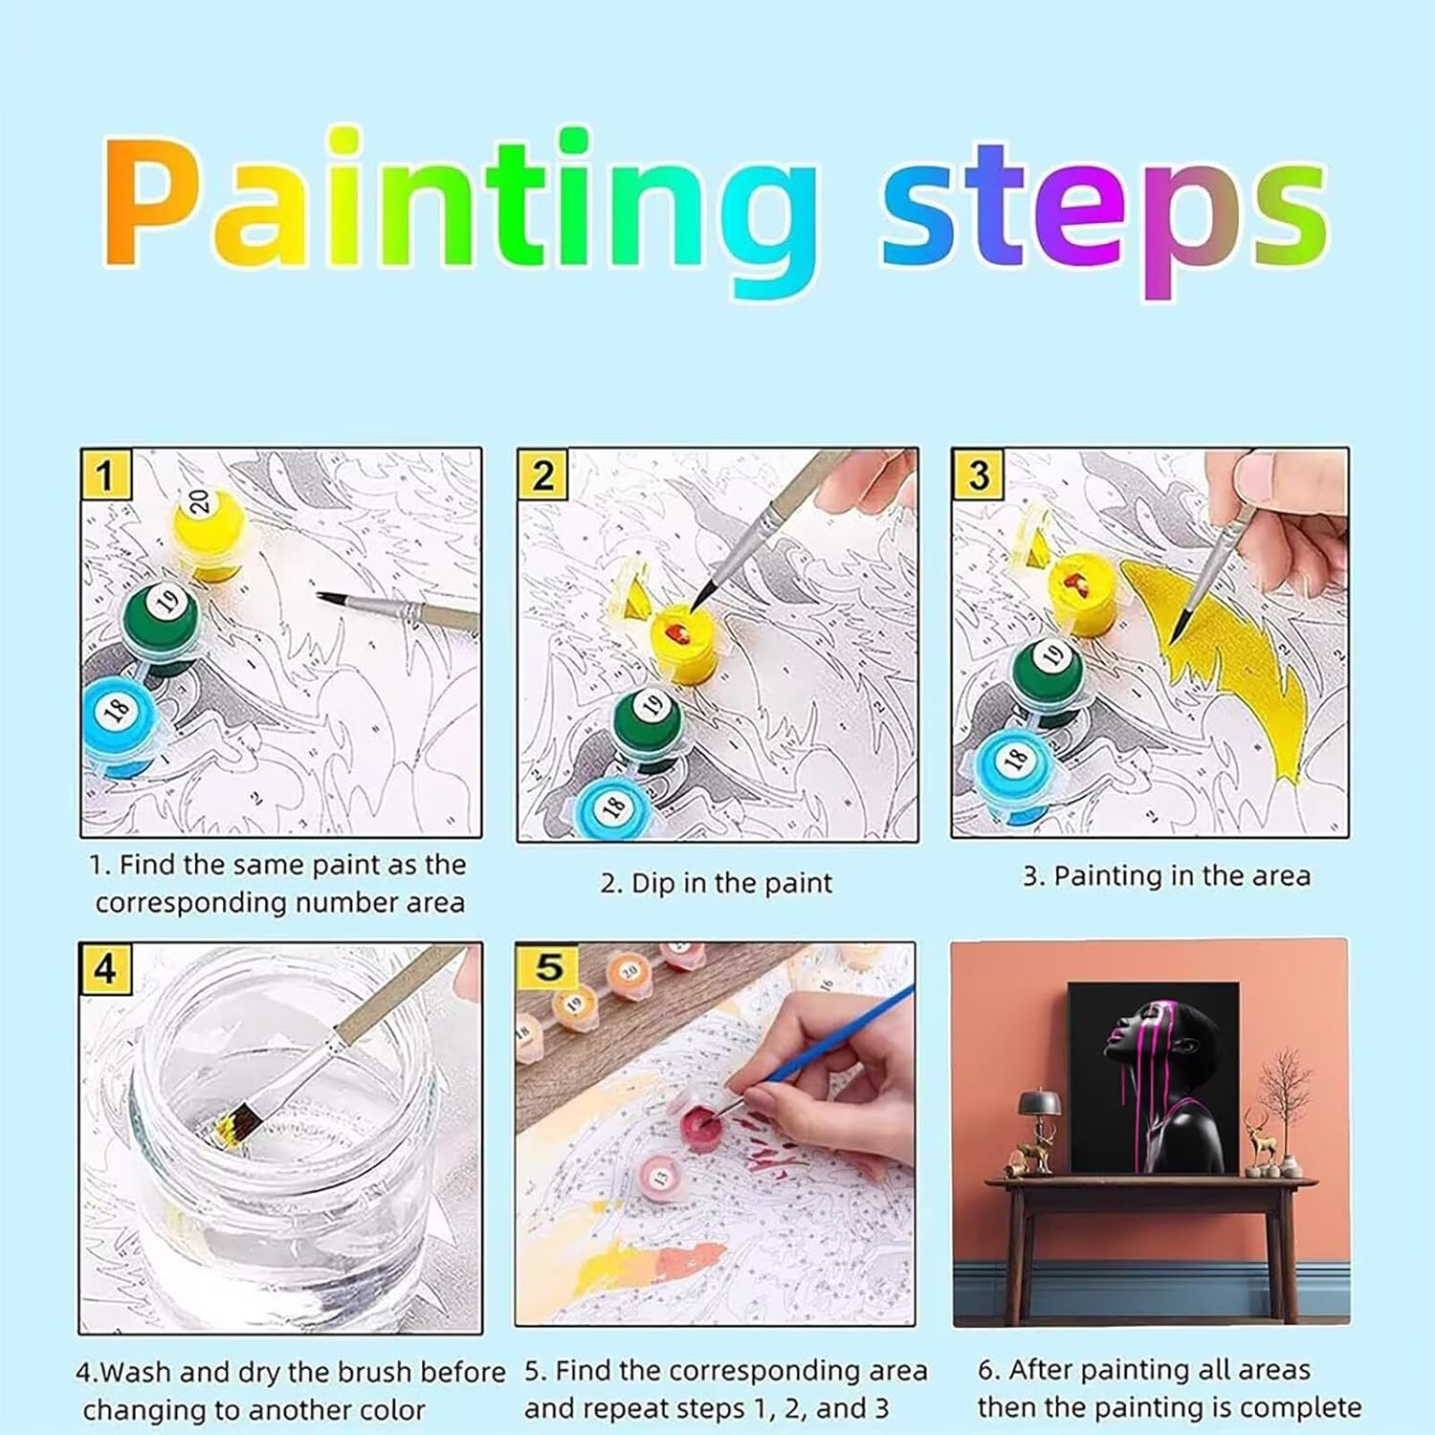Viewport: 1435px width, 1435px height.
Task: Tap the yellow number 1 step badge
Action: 105,475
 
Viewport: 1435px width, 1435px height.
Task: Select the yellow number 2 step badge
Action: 542,475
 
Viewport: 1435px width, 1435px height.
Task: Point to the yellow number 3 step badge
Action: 978,475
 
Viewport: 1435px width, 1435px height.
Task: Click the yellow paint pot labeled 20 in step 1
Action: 209,533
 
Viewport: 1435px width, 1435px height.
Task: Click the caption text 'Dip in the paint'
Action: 732,883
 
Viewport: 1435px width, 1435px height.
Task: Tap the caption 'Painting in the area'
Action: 1182,876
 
